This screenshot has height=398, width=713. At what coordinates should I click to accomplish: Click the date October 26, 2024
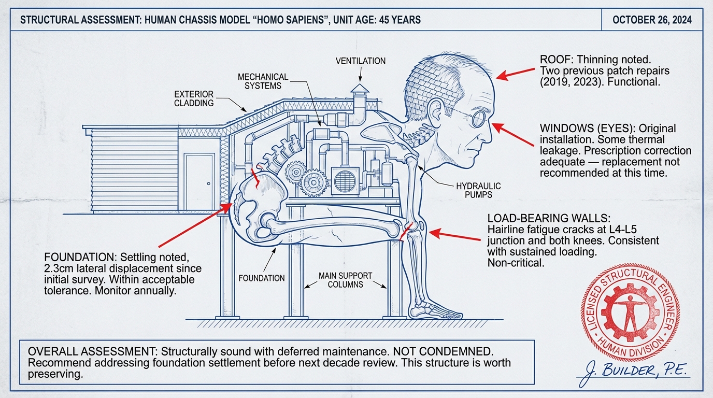pyautogui.click(x=652, y=20)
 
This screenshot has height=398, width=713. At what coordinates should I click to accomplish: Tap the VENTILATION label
pyautogui.click(x=361, y=61)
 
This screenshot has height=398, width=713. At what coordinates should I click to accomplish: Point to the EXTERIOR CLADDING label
pyautogui.click(x=193, y=98)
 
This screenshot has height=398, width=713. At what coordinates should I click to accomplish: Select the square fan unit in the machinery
pyautogui.click(x=344, y=181)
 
